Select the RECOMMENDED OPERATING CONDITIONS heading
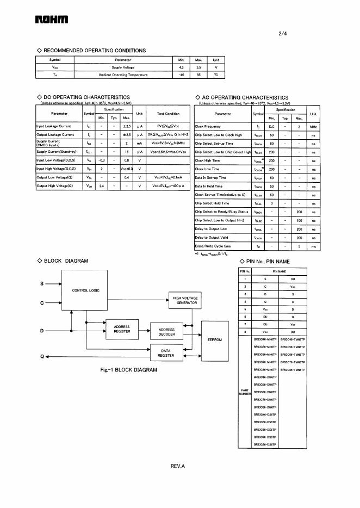(91, 51)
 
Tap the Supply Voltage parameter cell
(123, 67)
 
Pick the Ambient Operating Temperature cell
(123, 75)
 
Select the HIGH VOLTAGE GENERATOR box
(185, 300)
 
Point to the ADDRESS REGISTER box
(122, 329)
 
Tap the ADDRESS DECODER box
(166, 332)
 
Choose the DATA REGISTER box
(166, 353)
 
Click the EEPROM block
(215, 340)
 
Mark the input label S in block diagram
(42, 284)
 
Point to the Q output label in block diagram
(42, 357)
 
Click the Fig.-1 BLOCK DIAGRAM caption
(129, 370)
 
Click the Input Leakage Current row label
(54, 126)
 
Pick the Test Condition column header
(168, 114)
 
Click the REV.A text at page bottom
(178, 466)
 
